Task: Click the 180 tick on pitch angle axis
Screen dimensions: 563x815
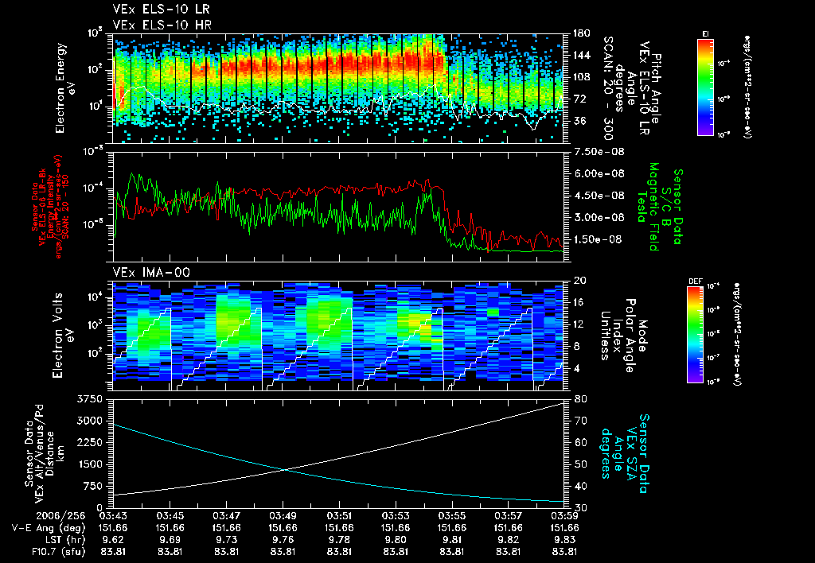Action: pyautogui.click(x=579, y=33)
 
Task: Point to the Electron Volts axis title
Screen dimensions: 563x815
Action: pyautogui.click(x=65, y=332)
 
